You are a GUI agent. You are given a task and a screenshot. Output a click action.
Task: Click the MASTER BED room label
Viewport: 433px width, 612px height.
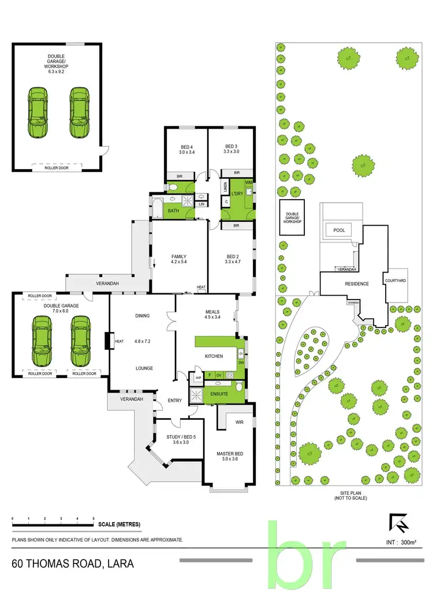[230, 454]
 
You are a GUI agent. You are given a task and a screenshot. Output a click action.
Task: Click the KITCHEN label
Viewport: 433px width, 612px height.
[214, 356]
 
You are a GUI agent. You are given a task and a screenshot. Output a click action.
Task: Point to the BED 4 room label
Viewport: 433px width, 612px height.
[186, 146]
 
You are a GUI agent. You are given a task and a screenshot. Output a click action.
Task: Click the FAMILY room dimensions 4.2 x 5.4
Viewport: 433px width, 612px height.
[180, 262]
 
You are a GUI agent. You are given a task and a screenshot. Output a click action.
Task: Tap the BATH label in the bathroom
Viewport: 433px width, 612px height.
[173, 211]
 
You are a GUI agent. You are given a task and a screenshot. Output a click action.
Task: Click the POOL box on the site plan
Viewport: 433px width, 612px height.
[339, 230]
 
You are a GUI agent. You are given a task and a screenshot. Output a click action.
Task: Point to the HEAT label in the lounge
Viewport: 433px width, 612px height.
[119, 341]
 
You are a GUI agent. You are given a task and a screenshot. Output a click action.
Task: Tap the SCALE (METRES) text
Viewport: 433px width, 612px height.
[119, 524]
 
